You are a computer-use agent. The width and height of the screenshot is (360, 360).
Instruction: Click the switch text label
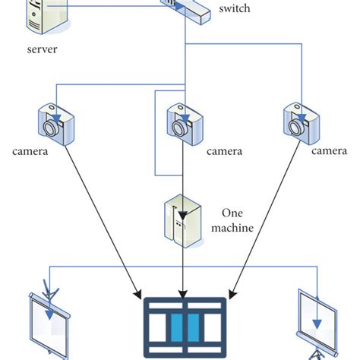(x=234, y=9)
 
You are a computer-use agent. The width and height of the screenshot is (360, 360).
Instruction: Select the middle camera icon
(x=184, y=122)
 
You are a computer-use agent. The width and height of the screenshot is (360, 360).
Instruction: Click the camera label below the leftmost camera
(x=30, y=151)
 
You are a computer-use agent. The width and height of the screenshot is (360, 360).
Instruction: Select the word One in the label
(x=231, y=213)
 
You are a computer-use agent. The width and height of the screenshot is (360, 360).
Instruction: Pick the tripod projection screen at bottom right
(x=317, y=323)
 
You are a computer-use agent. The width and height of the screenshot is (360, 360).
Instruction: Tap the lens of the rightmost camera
(x=300, y=128)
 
